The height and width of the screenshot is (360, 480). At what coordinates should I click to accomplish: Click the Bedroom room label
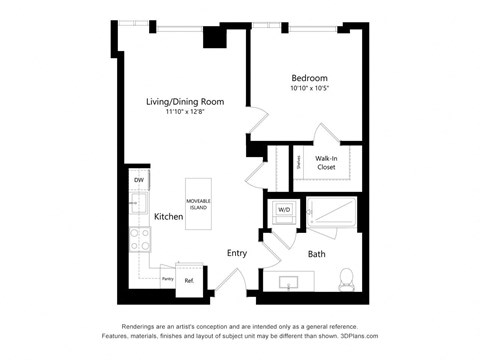[x=308, y=77]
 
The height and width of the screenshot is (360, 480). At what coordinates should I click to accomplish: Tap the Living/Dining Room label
[x=183, y=102]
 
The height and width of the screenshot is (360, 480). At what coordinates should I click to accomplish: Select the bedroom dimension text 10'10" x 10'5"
[x=308, y=89]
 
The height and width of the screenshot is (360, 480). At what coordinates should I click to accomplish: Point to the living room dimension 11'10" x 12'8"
[x=183, y=113]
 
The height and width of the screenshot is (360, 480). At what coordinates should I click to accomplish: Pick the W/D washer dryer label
[x=284, y=210]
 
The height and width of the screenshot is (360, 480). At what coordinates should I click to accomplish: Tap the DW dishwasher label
[x=139, y=180]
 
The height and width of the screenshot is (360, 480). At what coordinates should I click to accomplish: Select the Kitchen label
[x=168, y=216]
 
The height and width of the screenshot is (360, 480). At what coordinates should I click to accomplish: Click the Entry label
[x=237, y=253]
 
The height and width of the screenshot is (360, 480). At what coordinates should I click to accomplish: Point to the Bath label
[x=316, y=254]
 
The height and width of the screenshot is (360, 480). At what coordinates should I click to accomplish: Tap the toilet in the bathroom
[x=347, y=279]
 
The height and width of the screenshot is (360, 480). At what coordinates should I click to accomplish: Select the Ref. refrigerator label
[x=188, y=281]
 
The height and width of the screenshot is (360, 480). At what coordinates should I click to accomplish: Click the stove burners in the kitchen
[x=139, y=239]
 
